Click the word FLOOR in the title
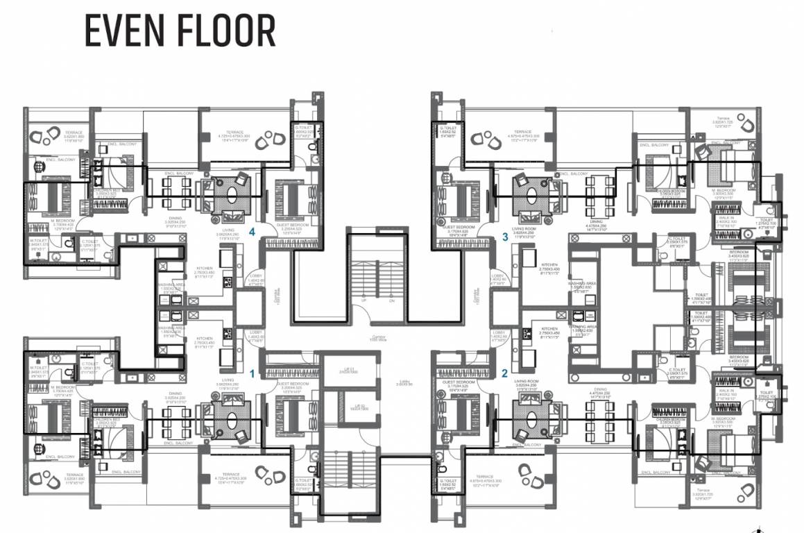(225, 31)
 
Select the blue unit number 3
(506, 237)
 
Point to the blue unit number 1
(253, 373)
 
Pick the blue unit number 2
(505, 373)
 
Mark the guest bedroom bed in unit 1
(291, 417)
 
